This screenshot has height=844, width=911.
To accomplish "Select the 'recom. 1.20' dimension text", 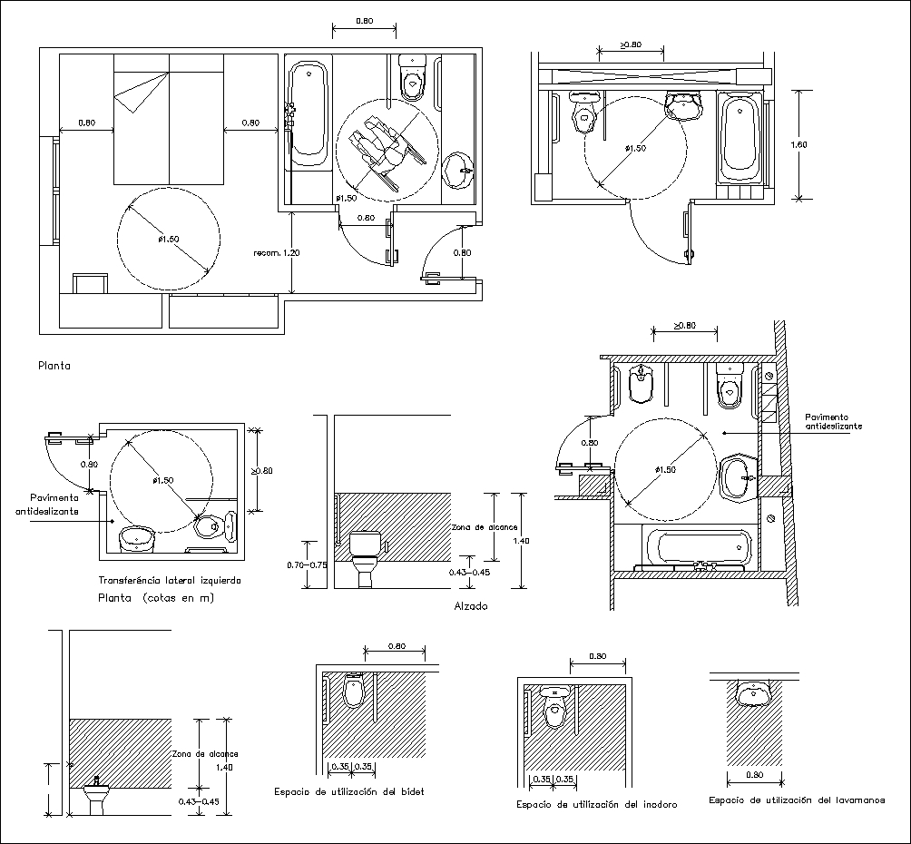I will pos(279,251).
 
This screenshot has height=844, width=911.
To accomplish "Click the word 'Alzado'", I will pos(469,605).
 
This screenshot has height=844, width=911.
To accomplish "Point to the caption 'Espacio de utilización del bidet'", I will pos(349,791).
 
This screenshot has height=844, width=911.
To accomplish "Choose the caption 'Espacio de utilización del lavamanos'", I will pos(797,800).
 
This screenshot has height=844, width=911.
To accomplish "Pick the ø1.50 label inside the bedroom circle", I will pos(168,239).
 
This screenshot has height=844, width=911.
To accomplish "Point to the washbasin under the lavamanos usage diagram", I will pos(752,694).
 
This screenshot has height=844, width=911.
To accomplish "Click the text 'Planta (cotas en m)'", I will pos(157,598).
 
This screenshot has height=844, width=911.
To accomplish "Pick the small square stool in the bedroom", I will pos(91,282).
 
